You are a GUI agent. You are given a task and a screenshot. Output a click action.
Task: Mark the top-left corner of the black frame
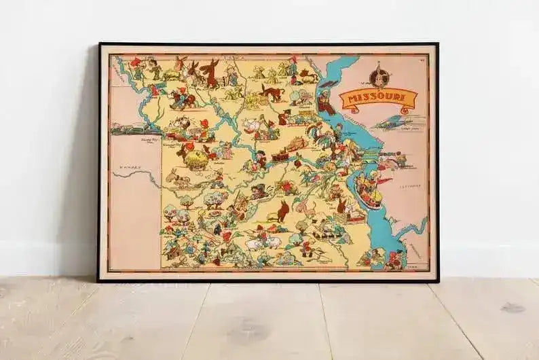click(99, 44)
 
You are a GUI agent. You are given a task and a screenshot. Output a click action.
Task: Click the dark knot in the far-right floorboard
click(513, 308)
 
